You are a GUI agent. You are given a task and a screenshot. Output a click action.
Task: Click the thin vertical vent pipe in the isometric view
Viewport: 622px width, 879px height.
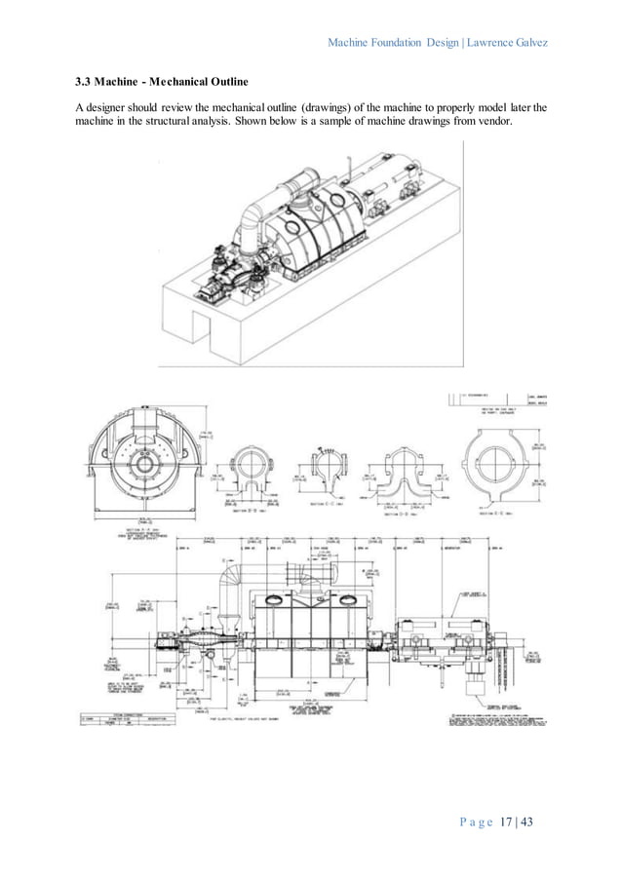[x=346, y=170]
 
